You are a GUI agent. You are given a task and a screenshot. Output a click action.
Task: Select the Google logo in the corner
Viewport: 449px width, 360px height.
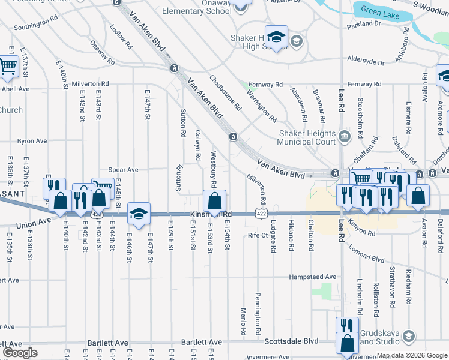tap(20, 353)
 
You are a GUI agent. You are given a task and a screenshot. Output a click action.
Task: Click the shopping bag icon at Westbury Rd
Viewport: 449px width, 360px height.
tap(214, 200)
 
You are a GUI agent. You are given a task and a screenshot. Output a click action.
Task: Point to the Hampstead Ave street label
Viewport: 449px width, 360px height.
tap(312, 277)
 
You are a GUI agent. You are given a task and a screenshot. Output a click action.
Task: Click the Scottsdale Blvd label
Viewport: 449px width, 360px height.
tap(292, 341)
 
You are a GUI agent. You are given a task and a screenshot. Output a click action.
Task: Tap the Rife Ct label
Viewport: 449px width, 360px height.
tap(257, 235)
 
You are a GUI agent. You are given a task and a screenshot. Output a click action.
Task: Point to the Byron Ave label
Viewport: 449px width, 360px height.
tap(32, 141)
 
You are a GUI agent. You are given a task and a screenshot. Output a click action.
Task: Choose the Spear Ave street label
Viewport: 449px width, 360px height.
tap(123, 170)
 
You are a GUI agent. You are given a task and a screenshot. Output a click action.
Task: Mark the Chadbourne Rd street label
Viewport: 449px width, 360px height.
tap(225, 93)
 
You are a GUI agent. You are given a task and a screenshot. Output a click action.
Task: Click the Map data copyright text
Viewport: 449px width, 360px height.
tap(412, 355)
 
